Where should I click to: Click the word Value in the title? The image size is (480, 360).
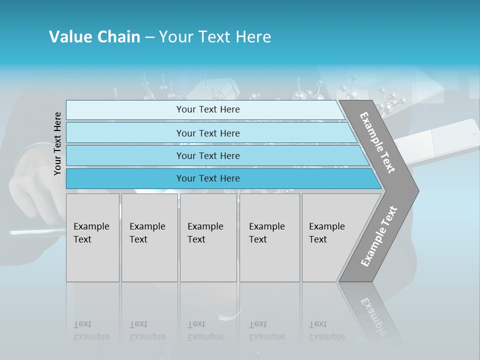click(x=69, y=37)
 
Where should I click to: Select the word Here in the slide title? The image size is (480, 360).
click(x=254, y=37)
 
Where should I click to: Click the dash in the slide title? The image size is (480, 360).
click(x=149, y=37)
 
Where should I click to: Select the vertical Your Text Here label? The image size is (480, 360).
click(x=58, y=143)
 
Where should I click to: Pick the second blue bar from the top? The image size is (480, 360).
click(x=208, y=133)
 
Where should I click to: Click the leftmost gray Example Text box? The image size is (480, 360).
click(x=92, y=237)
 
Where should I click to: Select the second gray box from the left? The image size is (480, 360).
click(x=149, y=237)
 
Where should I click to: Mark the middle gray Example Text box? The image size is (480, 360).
click(x=208, y=237)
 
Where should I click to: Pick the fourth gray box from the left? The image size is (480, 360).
click(x=269, y=237)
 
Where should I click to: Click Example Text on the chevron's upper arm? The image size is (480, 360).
click(x=377, y=142)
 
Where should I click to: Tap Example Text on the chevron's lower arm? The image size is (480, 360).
click(x=379, y=236)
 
